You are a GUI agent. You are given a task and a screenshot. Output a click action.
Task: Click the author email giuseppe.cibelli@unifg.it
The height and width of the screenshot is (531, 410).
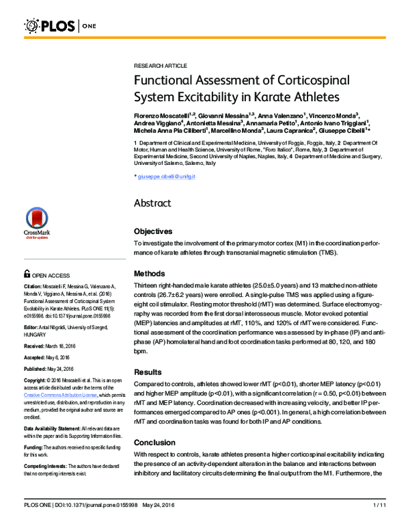click(167, 177)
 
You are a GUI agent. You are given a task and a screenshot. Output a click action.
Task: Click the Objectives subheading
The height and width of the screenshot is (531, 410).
click(153, 231)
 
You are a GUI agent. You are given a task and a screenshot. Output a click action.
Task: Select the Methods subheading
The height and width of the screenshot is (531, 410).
click(150, 272)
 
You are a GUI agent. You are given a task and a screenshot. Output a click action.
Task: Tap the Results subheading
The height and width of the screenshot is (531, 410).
click(148, 372)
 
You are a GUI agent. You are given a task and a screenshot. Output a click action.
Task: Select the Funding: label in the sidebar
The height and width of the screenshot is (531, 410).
click(35, 426)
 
